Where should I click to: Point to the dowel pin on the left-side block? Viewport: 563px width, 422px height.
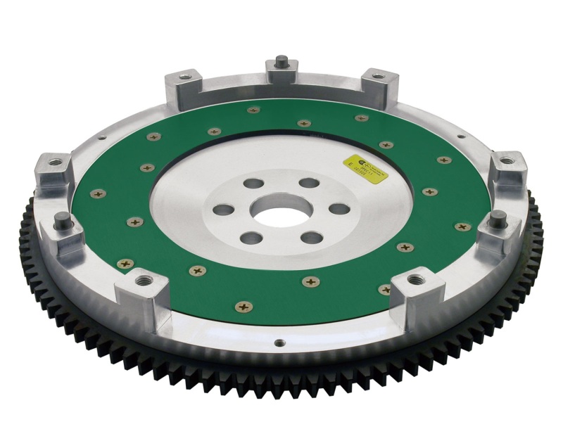61,218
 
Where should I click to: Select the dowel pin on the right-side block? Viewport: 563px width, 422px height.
498,216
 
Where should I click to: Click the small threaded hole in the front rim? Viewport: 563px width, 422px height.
279,343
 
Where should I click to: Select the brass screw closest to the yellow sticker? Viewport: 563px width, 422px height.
386,146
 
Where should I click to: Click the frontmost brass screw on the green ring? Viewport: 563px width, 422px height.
243,306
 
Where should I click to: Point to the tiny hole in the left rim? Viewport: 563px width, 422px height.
102,138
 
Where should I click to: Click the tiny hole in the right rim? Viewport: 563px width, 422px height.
460,137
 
